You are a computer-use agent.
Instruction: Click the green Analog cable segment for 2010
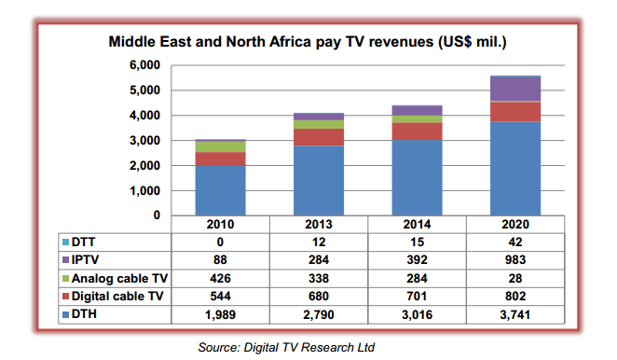(x=220, y=146)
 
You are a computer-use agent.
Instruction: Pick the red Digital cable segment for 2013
(x=320, y=136)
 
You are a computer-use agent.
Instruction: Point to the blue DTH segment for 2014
(x=418, y=177)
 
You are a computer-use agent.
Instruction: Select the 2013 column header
(x=320, y=225)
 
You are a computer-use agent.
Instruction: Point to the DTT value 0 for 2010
(x=220, y=241)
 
